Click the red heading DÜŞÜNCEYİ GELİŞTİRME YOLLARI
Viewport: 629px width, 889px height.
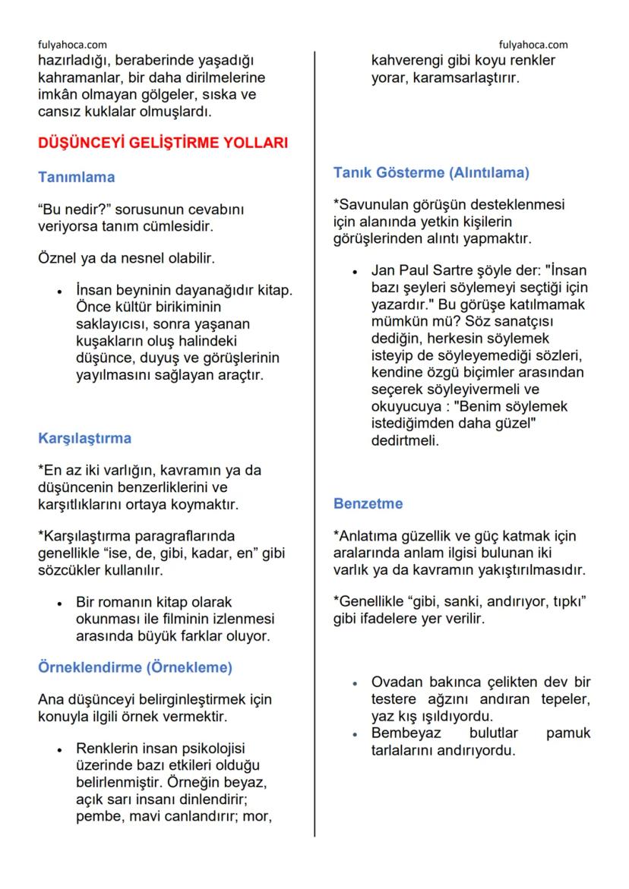(x=163, y=143)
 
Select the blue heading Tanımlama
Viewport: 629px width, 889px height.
(x=77, y=177)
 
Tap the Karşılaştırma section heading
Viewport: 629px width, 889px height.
(x=84, y=438)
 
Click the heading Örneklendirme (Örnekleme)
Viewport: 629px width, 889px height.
(x=134, y=667)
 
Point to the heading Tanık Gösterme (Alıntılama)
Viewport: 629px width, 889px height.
(x=431, y=172)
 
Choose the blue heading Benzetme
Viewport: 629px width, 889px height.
(x=368, y=503)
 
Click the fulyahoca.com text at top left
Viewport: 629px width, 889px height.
(x=72, y=45)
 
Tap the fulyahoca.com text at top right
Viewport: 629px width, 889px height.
(x=533, y=45)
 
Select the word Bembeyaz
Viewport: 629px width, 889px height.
(x=407, y=733)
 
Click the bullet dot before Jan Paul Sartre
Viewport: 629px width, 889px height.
(x=355, y=271)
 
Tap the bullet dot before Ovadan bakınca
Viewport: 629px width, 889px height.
(x=355, y=682)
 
